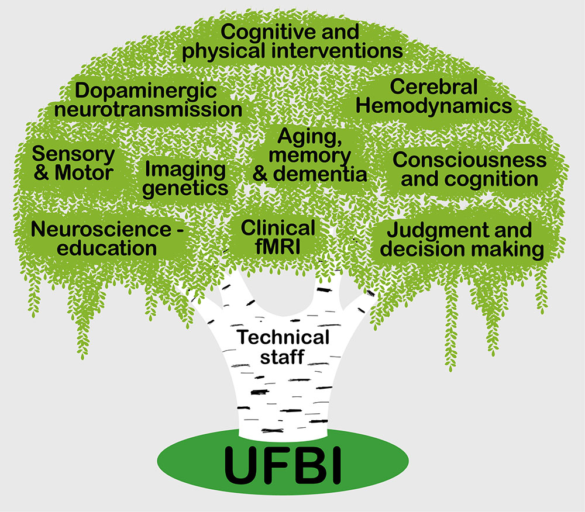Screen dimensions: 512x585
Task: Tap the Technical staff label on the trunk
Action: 283,347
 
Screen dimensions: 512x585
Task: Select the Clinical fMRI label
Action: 278,237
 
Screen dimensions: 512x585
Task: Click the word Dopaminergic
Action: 146,91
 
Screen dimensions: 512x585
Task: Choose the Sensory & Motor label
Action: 73,164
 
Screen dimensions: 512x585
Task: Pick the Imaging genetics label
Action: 185,179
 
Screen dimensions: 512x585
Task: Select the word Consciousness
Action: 469,160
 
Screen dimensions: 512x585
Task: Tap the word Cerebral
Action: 433,87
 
